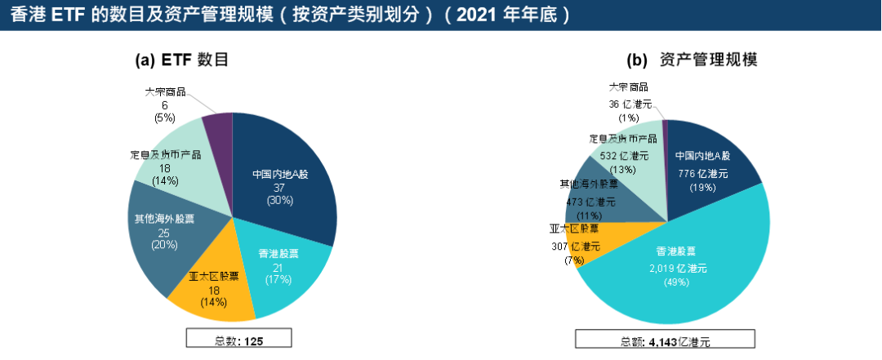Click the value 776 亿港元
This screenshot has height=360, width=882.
coord(702,173)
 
